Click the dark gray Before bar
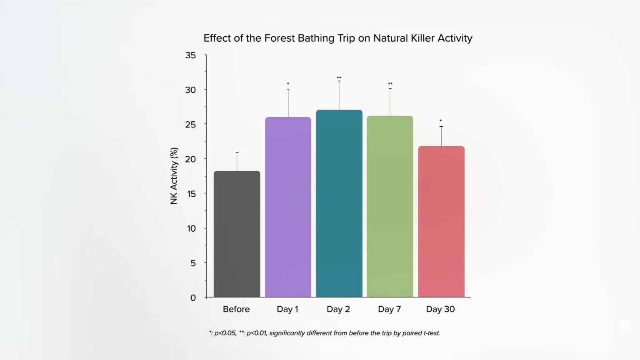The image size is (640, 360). (237, 234)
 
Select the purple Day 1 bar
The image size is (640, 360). (288, 207)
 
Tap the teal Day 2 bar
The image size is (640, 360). (339, 203)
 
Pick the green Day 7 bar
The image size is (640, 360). (390, 206)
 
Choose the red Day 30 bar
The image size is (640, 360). (441, 221)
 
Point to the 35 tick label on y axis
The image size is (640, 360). (190, 55)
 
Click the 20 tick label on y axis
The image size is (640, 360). (190, 159)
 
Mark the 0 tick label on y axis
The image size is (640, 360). (193, 298)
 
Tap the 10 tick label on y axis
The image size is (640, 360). (191, 228)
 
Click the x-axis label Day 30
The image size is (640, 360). (440, 309)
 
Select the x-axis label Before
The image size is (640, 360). (236, 309)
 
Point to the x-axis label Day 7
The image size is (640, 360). (389, 309)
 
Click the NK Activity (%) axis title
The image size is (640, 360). (174, 176)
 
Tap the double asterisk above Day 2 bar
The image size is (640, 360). (339, 78)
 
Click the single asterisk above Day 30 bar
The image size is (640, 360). (441, 121)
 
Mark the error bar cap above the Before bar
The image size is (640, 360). (237, 152)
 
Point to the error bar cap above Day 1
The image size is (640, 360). (288, 90)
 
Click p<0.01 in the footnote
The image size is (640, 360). (256, 333)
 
